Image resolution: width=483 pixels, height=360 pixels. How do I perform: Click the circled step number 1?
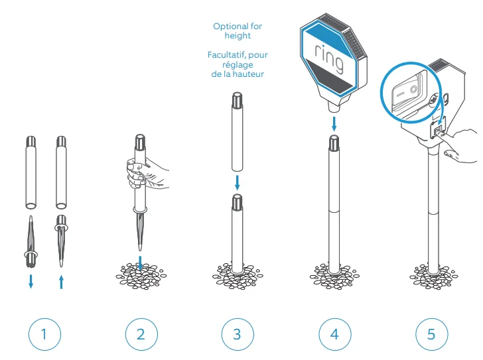(44, 334)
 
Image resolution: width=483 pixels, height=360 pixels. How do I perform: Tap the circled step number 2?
(141, 334)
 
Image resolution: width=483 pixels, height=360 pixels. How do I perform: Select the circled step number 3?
(238, 334)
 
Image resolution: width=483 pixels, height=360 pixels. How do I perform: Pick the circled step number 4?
(335, 334)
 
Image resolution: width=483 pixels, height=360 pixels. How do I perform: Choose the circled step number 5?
(431, 334)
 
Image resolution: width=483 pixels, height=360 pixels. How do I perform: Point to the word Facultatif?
(226, 55)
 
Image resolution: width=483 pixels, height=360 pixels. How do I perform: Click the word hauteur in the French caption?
(248, 74)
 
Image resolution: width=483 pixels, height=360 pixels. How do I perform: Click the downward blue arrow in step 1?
(31, 281)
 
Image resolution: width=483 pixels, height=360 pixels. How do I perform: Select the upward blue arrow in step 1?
(61, 282)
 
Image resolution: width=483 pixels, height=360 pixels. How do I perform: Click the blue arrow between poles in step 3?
(238, 183)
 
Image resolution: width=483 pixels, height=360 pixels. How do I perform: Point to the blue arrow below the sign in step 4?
(334, 124)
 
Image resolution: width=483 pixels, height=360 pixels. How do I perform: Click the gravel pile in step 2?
(141, 276)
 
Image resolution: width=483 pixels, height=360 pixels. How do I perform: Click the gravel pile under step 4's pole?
(334, 276)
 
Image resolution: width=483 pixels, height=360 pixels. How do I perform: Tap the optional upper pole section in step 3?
(238, 132)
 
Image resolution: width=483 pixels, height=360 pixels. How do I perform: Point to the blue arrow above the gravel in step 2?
(141, 263)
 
